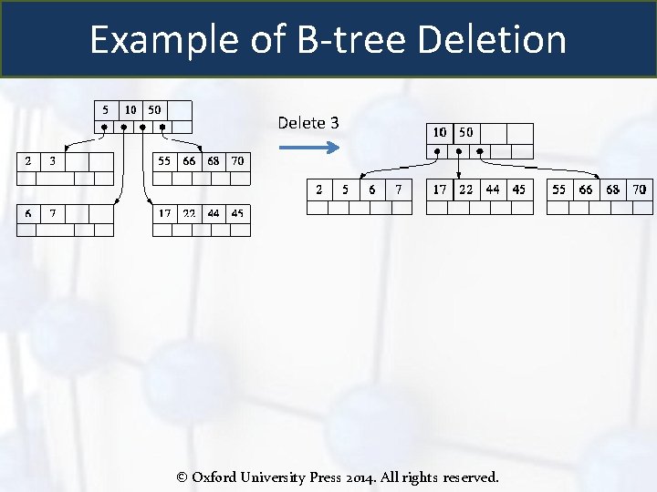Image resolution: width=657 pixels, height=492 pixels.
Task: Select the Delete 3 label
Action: [x=308, y=123]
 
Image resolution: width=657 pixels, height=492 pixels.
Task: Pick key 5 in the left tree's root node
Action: [x=107, y=109]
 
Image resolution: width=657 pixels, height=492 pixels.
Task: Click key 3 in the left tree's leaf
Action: [x=52, y=161]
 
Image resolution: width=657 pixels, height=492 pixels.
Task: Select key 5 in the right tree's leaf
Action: [x=345, y=190]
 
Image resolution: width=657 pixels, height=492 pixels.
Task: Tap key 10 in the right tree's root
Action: [x=440, y=132]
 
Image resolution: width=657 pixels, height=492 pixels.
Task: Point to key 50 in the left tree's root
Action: [x=154, y=109]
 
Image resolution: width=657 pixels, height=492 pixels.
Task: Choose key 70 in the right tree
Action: [x=639, y=190]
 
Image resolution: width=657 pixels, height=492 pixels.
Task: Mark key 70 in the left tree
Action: [x=237, y=161]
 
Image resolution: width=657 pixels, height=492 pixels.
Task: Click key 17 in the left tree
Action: [x=164, y=213]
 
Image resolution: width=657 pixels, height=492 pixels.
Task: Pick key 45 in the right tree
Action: [x=518, y=190]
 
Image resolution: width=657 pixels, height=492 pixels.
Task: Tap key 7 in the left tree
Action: [x=52, y=213]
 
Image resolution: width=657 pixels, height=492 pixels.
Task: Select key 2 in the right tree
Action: [x=318, y=190]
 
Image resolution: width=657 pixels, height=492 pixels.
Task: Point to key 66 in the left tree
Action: [x=189, y=161]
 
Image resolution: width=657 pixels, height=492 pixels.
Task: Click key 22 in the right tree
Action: [x=466, y=190]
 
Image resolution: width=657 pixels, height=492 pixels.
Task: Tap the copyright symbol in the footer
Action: [x=182, y=477]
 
